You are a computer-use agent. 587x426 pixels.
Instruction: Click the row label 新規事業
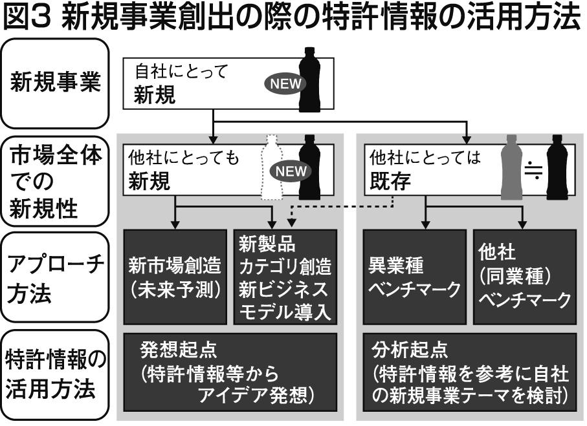click(56, 83)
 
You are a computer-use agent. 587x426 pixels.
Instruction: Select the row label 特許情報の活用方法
click(56, 375)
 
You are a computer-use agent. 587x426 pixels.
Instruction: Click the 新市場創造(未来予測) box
click(175, 276)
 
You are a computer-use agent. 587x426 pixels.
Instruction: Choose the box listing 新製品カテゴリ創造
click(285, 277)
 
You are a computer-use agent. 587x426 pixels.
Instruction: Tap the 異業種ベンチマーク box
click(414, 276)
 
